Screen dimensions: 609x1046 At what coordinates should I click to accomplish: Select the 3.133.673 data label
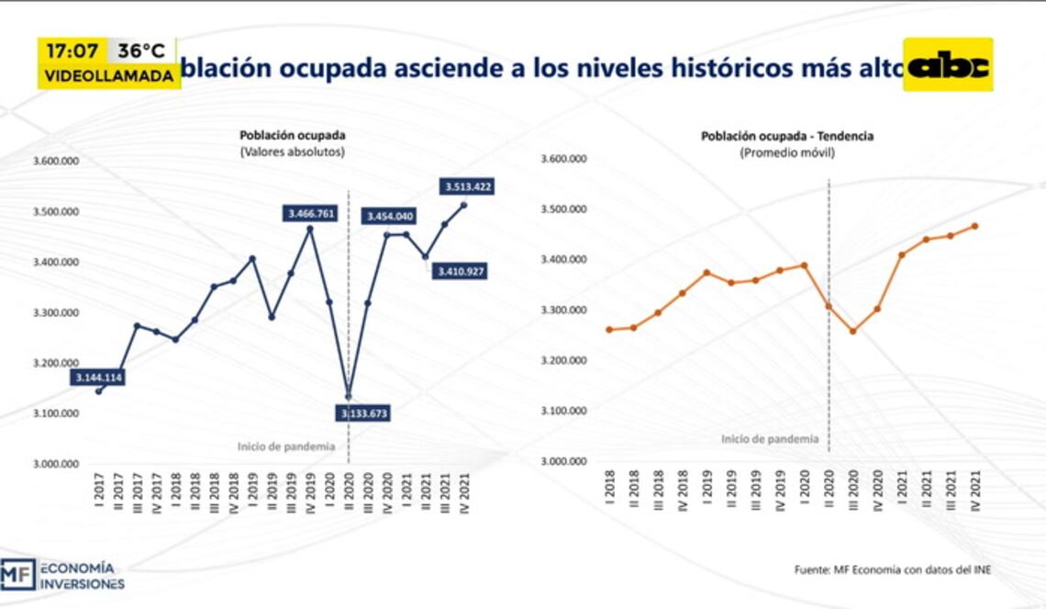coord(364,413)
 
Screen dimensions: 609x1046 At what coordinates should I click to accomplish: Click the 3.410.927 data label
coord(462,271)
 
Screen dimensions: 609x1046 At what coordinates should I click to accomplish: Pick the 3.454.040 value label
coord(392,216)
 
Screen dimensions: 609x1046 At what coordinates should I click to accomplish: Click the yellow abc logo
coord(948,65)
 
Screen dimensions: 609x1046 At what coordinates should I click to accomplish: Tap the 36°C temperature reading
coord(141,51)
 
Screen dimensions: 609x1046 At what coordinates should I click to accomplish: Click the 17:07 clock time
coord(72,51)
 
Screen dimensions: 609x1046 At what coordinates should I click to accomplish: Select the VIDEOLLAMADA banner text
coord(108,76)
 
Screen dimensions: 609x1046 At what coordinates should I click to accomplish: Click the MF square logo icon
coord(17,574)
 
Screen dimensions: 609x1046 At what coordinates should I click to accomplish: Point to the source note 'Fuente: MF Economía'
coord(892,570)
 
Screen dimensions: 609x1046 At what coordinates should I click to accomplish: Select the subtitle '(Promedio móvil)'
coord(787,153)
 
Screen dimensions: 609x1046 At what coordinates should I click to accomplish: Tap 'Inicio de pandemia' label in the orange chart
coord(770,439)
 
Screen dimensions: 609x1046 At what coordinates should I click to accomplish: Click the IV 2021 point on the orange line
coord(974,226)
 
